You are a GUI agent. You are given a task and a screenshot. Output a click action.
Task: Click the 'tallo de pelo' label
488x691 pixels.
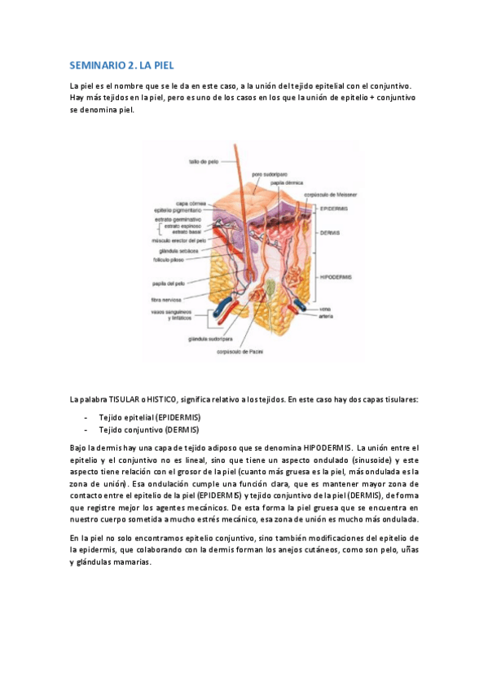pos(200,162)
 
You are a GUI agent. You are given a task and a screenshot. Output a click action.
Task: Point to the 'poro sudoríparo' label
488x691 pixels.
pos(269,174)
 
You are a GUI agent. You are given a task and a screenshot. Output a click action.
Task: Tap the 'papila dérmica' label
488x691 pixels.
pos(278,184)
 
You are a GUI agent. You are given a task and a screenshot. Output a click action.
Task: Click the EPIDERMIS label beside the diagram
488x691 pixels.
pos(334,209)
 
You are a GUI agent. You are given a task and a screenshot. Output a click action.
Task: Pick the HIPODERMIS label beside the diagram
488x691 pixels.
pos(336,277)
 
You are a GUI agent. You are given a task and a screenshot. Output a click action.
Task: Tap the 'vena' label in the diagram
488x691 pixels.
pos(325,309)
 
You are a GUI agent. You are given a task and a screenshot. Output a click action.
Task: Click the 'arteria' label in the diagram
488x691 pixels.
pos(328,316)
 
